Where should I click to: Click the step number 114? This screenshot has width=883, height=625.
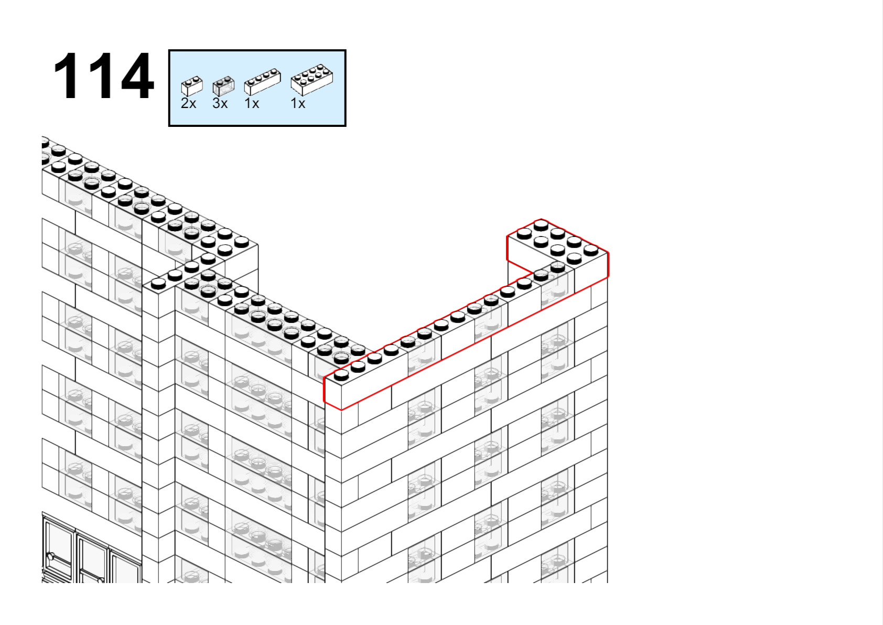click(103, 76)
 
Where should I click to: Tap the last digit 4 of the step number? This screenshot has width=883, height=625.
click(137, 76)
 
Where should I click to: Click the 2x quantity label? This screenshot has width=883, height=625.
click(188, 103)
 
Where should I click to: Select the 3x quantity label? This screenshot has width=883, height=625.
click(220, 103)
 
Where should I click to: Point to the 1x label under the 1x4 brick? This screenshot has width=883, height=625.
click(252, 103)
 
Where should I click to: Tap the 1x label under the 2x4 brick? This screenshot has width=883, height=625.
click(298, 103)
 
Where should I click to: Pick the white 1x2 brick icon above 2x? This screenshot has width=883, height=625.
click(192, 86)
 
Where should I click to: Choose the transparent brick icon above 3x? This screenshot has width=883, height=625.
click(223, 86)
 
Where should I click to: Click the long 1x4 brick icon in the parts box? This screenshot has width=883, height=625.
click(263, 82)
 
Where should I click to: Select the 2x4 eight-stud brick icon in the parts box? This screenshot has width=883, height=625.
click(312, 80)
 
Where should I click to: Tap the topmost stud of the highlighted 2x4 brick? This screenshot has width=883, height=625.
click(541, 225)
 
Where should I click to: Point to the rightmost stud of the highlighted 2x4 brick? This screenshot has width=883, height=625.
click(590, 250)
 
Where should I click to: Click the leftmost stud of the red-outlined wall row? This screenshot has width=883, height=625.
click(341, 375)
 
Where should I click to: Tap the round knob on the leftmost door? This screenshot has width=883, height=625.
click(50, 557)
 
